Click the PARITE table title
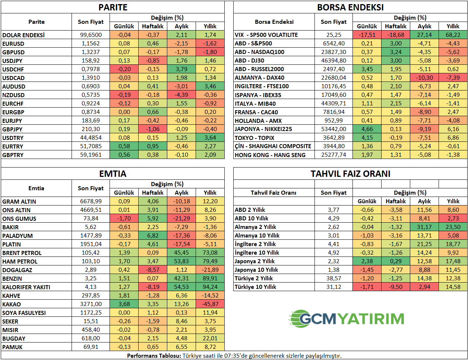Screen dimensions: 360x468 tap(113, 7)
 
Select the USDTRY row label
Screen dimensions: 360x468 tap(13, 138)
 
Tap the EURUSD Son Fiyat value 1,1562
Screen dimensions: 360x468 tap(91, 44)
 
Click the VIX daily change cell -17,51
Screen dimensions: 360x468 tap(367, 35)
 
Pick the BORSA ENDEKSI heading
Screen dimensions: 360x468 tap(350, 7)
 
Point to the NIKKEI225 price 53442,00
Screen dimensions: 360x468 tap(333, 129)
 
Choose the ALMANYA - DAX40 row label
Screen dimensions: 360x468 tap(259, 78)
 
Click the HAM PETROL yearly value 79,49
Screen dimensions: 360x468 tap(210, 261)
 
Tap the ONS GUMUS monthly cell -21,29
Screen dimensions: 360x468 tap(181, 219)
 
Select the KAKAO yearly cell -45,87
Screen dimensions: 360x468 tap(210, 304)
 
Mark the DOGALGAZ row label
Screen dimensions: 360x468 tap(17, 270)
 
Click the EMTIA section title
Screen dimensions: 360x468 tap(113, 174)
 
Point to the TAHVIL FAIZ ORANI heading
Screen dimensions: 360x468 tap(350, 174)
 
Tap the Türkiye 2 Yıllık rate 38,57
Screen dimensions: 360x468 tap(333, 278)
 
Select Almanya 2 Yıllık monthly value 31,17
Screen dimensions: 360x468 tap(424, 227)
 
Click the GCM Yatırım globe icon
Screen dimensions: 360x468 tap(300, 319)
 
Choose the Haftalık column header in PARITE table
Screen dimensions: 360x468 tap(153, 26)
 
